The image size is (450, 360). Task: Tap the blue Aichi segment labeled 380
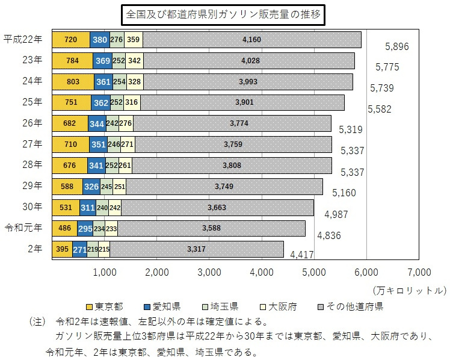pos(99,40)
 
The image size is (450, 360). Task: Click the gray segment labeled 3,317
pos(196,249)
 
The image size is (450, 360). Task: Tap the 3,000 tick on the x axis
pos(209,272)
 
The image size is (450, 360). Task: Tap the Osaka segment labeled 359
pos(134,40)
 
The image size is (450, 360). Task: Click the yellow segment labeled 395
pos(62,249)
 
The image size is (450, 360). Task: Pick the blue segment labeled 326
pos(91,187)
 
